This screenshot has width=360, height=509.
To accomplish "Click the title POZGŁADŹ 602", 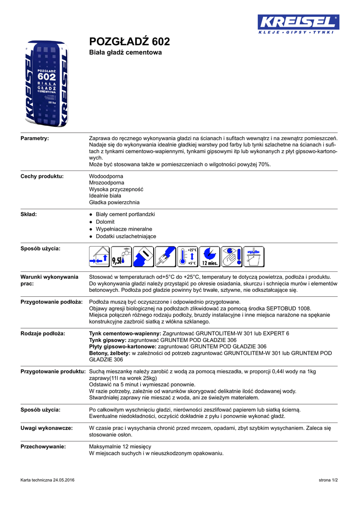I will tap(129, 41).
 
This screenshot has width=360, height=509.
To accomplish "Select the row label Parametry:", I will tap(34, 138).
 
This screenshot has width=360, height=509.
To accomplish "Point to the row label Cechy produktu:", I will tap(42, 176).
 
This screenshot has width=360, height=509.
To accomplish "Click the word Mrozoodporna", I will tap(106, 183).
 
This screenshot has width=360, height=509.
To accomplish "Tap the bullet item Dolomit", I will tap(105, 222).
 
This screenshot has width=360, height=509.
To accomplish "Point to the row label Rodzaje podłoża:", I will tap(43, 333).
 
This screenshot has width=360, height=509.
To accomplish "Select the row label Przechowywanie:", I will tap(43, 447).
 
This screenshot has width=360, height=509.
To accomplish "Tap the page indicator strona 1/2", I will tap(328, 480).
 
